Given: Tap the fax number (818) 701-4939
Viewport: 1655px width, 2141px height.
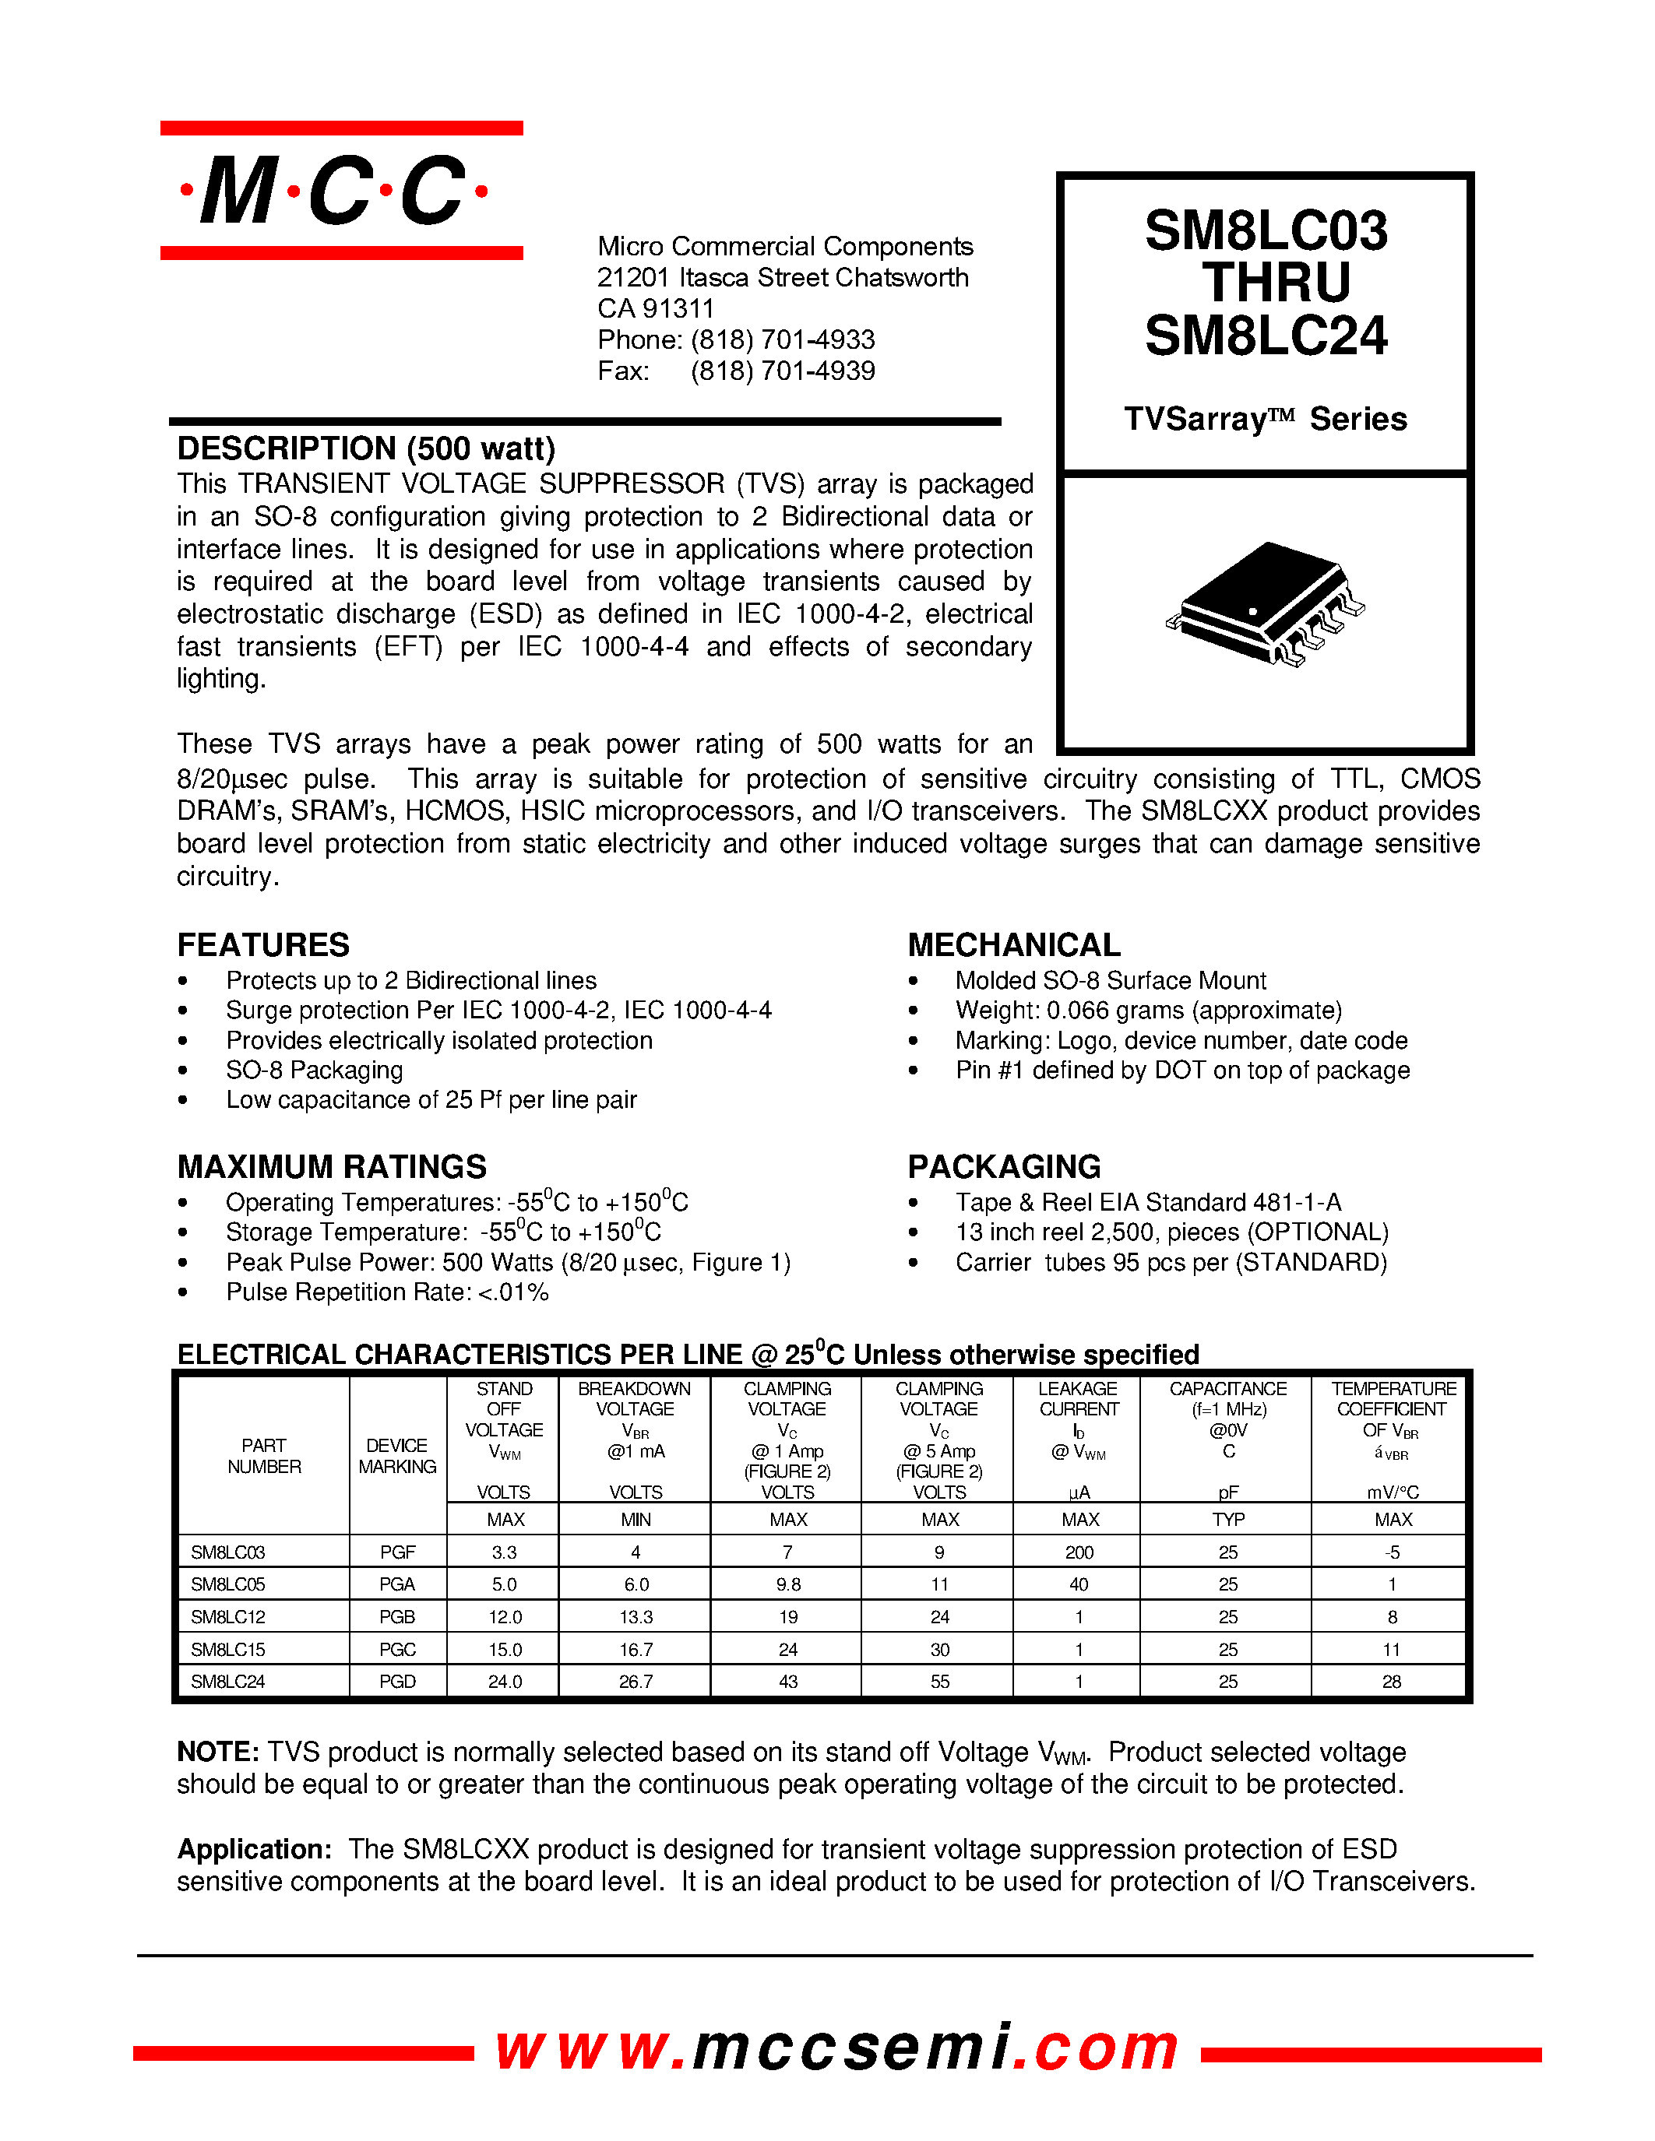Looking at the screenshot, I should pos(781,371).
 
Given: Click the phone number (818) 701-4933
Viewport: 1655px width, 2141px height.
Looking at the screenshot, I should pos(781,340).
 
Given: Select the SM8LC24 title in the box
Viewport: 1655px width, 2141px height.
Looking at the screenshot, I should pos(1265,336).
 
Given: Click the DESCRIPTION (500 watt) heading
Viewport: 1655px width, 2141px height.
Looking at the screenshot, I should pos(366,449).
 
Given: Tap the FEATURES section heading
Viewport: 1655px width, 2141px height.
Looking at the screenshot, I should pos(262,945).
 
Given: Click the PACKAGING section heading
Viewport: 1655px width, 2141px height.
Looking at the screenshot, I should pos(1003,1166).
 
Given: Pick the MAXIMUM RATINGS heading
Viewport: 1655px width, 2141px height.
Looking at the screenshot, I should pos(332,1166).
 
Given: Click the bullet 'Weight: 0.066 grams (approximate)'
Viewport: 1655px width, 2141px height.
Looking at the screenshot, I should pos(1148,1011).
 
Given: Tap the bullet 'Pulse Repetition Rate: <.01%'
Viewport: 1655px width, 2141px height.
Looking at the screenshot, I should pos(386,1293).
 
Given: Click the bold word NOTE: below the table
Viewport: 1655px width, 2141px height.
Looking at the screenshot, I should pos(217,1753).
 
